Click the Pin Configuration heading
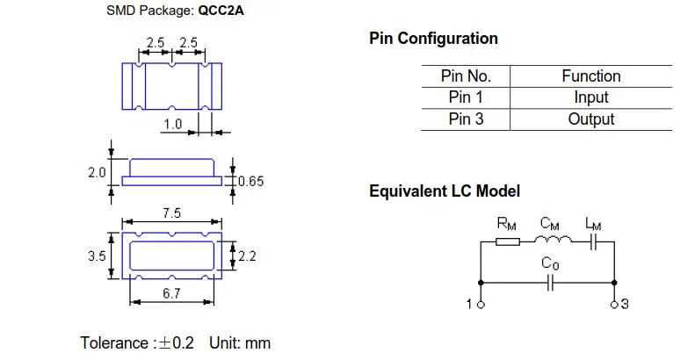433,39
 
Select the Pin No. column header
465,76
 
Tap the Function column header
590,76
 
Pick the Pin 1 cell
466,97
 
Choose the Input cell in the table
590,97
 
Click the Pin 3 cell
466,119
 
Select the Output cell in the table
590,119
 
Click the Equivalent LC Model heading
445,191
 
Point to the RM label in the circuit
507,225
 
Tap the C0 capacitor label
551,263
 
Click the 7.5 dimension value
171,213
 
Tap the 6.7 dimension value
171,294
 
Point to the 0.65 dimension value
250,182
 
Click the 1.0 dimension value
172,125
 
